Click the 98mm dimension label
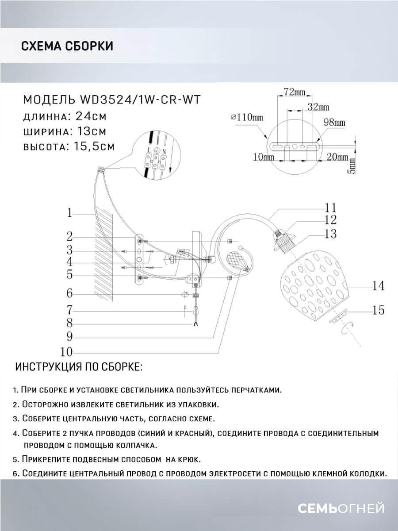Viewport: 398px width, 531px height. [334, 122]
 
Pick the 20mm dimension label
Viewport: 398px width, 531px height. [338, 157]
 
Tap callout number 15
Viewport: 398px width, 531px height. [378, 311]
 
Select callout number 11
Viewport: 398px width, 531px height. [331, 207]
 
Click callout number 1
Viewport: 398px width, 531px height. [69, 213]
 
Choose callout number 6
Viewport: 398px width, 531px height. [69, 293]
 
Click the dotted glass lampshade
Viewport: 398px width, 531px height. [315, 284]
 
